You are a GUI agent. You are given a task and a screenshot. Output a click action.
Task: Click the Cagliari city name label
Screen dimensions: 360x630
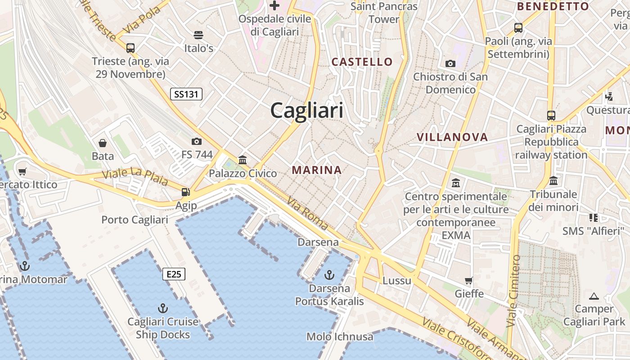coord(307,110)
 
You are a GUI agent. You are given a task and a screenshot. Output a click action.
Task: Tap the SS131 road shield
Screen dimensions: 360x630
coord(186,94)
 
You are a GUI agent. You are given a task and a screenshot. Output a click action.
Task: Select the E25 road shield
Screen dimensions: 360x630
coord(174,274)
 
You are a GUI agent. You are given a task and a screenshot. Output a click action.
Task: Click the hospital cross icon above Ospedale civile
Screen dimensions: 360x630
coord(274,5)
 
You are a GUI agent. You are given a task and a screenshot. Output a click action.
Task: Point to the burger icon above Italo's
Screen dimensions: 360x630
coord(198,35)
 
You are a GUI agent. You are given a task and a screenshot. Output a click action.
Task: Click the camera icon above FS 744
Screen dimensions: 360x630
coord(197,141)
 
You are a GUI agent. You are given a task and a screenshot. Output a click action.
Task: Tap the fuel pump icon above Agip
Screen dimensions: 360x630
coord(185,192)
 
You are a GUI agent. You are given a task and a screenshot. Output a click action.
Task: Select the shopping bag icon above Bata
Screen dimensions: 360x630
coord(103,143)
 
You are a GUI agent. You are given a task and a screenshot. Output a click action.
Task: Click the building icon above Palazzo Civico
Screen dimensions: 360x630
coord(243,160)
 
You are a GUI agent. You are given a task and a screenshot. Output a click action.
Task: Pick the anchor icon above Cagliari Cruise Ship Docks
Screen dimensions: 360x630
coord(163,308)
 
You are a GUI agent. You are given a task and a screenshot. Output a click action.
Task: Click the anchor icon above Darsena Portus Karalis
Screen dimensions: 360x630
coord(329,274)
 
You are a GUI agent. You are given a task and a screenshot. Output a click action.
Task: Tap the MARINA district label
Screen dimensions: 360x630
coord(317,170)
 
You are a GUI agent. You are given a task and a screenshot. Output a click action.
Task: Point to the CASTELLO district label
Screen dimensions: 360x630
coord(362,62)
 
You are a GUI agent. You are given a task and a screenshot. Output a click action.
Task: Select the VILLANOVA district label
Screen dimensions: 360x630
coord(452,137)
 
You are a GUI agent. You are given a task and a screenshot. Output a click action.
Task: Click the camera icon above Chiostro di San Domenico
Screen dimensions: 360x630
coord(450,63)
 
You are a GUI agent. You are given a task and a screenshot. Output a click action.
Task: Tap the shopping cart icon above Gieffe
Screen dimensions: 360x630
coord(469,280)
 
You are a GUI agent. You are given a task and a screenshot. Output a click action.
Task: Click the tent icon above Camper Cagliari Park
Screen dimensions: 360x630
coord(594,296)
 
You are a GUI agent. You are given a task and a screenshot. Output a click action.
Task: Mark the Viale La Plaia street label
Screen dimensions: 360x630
coord(135,177)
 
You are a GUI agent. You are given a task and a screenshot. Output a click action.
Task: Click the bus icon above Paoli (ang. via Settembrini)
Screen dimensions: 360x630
coord(518,28)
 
